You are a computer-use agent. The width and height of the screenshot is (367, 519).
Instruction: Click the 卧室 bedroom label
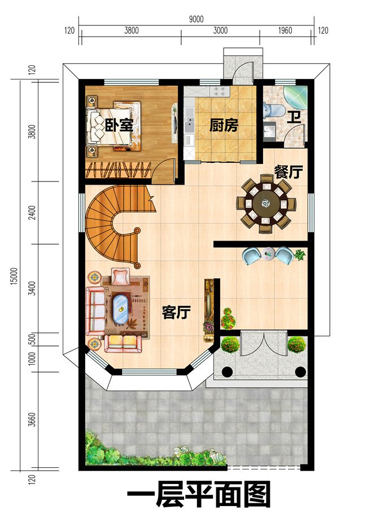(119, 125)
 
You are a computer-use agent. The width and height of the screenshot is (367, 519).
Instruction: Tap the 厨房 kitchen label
(224, 126)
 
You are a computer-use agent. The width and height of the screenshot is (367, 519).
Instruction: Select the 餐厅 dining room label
(289, 172)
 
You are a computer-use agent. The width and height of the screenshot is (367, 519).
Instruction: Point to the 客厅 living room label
(176, 312)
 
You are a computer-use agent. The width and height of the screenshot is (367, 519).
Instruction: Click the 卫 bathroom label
(294, 118)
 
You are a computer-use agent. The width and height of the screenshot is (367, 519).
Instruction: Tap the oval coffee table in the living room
(120, 308)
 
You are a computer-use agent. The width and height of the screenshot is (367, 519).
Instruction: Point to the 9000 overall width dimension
(196, 19)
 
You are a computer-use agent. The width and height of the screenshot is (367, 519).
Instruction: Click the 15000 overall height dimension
(14, 276)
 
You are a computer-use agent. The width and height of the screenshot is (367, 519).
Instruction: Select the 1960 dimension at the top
(285, 31)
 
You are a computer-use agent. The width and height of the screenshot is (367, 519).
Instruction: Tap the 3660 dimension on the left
(32, 419)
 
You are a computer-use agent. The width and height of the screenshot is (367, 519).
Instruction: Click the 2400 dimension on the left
(32, 212)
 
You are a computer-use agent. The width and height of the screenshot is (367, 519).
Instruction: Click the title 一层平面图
(199, 495)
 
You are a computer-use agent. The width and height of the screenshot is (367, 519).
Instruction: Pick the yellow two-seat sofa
(123, 344)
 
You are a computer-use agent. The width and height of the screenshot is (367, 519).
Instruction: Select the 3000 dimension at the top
(220, 31)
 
